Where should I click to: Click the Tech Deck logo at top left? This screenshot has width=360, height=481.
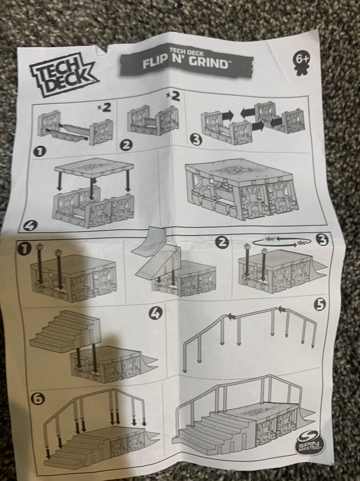pyautogui.click(x=63, y=77)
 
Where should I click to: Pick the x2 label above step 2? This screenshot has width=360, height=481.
pyautogui.click(x=173, y=97)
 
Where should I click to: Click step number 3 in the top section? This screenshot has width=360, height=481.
pyautogui.click(x=196, y=141)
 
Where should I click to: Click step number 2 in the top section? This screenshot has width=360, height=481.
pyautogui.click(x=125, y=146)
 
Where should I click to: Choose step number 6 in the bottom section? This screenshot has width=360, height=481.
pyautogui.click(x=38, y=398)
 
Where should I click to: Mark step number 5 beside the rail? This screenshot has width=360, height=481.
pyautogui.click(x=320, y=305)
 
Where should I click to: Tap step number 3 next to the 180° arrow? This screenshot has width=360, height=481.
pyautogui.click(x=322, y=240)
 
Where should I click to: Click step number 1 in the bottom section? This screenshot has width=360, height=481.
pyautogui.click(x=24, y=249)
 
